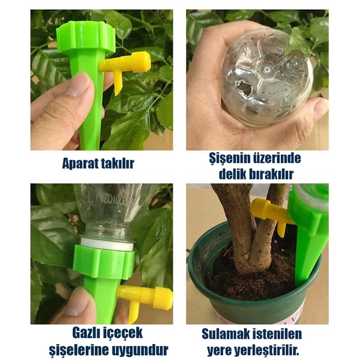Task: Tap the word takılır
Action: click(x=118, y=164)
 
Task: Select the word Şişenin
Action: click(x=229, y=159)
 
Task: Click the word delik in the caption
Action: click(x=232, y=175)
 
